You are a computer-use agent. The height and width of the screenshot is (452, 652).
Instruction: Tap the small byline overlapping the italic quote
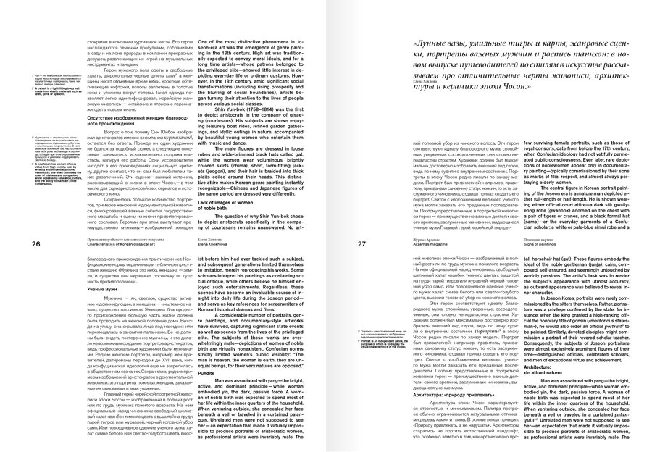tap(427, 81)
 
